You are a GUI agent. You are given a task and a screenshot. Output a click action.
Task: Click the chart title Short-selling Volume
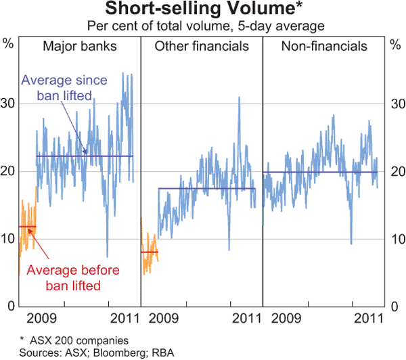tap(202, 9)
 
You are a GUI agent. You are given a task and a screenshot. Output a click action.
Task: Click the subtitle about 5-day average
tap(202, 26)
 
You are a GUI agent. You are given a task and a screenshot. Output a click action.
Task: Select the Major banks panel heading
tap(78, 47)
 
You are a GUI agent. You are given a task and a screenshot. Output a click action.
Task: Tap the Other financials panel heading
tap(202, 47)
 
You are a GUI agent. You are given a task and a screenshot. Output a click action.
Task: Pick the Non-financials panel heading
tap(324, 47)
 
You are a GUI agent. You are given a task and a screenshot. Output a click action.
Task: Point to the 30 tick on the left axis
tap(9, 104)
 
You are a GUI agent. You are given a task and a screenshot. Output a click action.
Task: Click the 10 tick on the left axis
tap(9, 239)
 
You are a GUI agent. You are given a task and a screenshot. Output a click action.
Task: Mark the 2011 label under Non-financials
tap(366, 318)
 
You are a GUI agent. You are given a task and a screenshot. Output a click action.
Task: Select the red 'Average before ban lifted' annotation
tap(65, 278)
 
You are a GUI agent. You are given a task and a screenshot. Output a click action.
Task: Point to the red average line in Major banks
tap(27, 227)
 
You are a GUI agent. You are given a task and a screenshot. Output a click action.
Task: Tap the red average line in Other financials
tap(149, 252)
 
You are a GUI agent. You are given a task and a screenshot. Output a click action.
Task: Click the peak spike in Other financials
tap(239, 98)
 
